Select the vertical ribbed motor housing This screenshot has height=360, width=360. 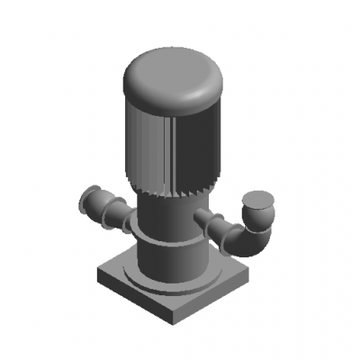pos(193,144)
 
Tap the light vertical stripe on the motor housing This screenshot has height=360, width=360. pos(169,144)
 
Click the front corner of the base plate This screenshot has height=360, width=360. pos(175,322)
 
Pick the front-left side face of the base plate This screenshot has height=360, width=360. pos(135,301)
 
